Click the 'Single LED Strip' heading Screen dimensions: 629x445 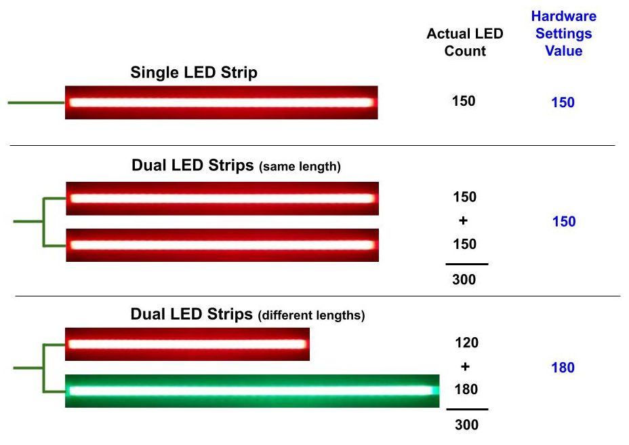tap(194, 73)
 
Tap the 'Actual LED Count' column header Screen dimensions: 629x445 tap(465, 42)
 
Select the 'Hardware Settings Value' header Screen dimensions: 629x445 tap(564, 33)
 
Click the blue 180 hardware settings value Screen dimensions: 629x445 tap(563, 368)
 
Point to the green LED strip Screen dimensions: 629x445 tap(252, 391)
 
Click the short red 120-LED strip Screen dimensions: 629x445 tap(187, 344)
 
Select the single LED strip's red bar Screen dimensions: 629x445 tap(222, 102)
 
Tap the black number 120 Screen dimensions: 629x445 tap(466, 343)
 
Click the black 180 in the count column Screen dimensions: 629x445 tap(466, 389)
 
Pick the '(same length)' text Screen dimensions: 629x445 tap(300, 166)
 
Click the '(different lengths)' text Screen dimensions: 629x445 tap(312, 315)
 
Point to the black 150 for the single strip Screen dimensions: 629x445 tap(464, 101)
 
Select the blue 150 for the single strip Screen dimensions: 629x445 tap(563, 102)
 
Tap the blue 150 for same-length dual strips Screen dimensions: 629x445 tap(564, 221)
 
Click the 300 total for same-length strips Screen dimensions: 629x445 tap(464, 279)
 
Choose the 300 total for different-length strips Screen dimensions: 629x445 tap(466, 425)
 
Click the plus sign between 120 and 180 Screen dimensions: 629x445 tap(466, 366)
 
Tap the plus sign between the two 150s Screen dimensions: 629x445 tap(464, 220)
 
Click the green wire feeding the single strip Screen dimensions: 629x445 tap(37, 103)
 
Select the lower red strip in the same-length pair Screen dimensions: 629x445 tap(222, 245)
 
